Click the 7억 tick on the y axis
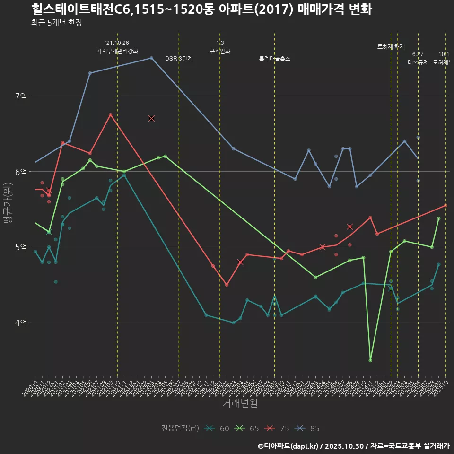point(21,96)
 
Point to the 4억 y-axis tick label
point(21,323)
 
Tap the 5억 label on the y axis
point(21,247)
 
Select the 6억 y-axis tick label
point(21,172)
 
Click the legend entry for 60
point(217,428)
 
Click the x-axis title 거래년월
point(240,403)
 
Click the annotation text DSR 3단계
point(178,59)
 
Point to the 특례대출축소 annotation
point(275,59)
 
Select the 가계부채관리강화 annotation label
point(117,51)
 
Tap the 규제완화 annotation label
point(220,51)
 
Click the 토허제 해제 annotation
point(391,47)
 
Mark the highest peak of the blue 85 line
point(151,58)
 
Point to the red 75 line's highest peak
point(110,114)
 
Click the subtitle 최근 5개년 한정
point(57,23)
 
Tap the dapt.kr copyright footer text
point(353,446)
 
